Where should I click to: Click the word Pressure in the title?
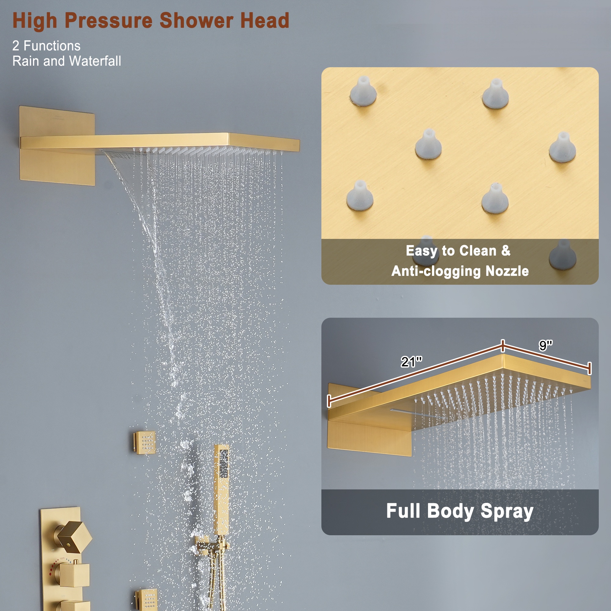pos(108,21)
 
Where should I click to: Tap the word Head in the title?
pos(264,21)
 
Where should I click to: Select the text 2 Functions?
pos(46,46)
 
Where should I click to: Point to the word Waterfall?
pos(95,61)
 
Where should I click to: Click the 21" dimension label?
pos(411,361)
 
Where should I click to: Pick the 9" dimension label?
pos(545,345)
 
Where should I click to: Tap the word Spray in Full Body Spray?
pos(507,511)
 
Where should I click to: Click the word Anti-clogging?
pos(437,271)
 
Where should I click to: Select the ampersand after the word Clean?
pos(506,251)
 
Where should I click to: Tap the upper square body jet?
pos(145,442)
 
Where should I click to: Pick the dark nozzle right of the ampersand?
pos(562,255)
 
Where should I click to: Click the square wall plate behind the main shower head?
pos(57,168)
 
